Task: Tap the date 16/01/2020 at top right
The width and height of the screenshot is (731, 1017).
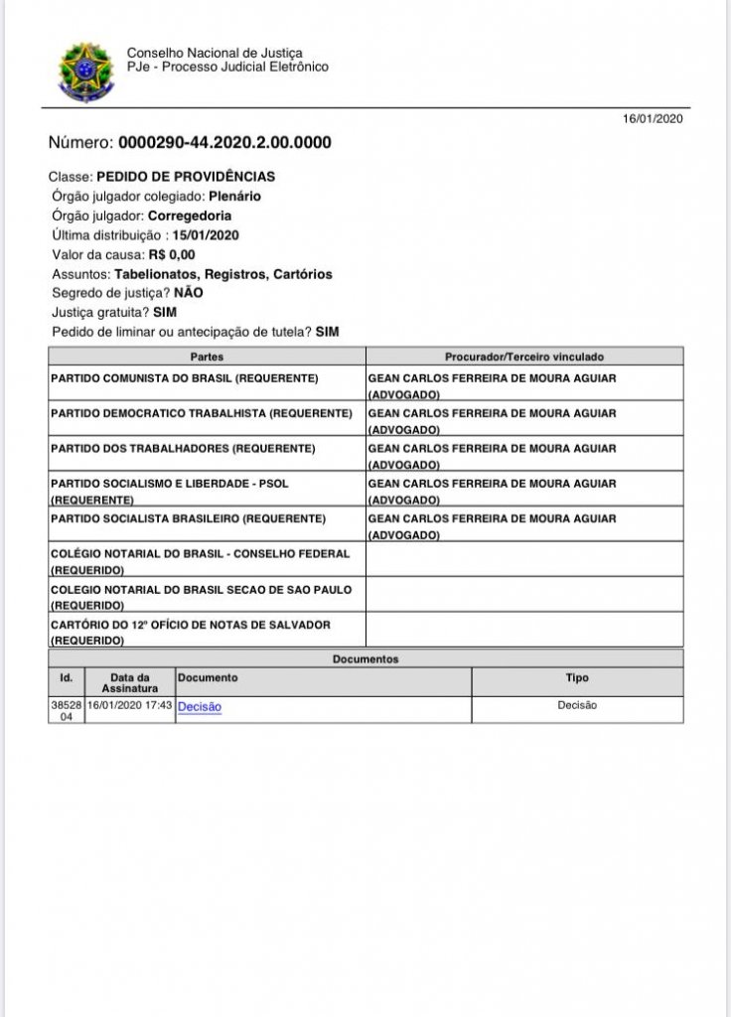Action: pos(653,118)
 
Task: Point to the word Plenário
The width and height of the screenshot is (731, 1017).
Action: pos(235,196)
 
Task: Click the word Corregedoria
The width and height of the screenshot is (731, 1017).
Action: pos(191,216)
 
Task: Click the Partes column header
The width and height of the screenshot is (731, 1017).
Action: pos(206,356)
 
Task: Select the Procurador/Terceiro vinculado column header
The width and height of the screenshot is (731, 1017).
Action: pos(523,356)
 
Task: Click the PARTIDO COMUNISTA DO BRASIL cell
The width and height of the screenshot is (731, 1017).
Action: pos(184,379)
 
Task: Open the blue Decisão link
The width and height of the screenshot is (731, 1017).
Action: pos(200,706)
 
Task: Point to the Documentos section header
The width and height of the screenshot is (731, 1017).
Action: pos(365,658)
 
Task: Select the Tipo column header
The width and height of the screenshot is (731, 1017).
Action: pos(576,678)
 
